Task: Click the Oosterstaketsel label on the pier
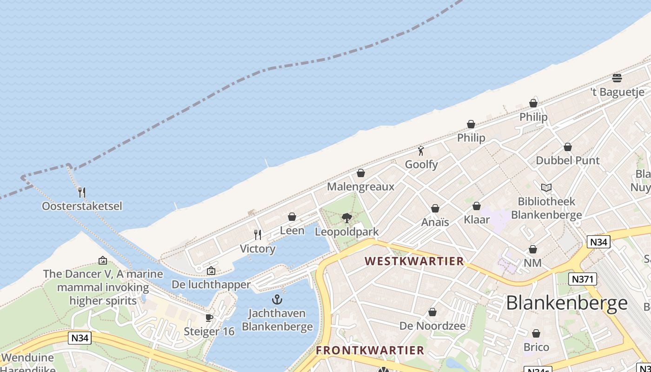click(x=82, y=206)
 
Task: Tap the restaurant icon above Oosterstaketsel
click(x=82, y=192)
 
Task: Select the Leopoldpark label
click(x=347, y=232)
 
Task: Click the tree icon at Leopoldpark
click(x=347, y=218)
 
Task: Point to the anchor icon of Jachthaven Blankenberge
click(x=277, y=299)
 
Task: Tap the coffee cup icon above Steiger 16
click(x=209, y=318)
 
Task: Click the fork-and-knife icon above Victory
click(x=258, y=235)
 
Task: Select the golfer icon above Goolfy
click(x=421, y=151)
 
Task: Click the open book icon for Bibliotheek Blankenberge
click(x=546, y=188)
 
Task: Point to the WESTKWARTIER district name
click(x=414, y=261)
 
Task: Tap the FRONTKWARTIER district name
click(x=370, y=350)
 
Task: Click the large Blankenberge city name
click(x=567, y=303)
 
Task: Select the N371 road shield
click(x=582, y=279)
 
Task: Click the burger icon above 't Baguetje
click(x=617, y=78)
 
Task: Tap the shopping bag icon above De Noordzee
click(x=432, y=312)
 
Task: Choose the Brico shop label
click(x=536, y=347)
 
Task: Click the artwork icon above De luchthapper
click(x=211, y=271)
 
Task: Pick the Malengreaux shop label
click(x=360, y=187)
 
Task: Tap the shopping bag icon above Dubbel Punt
click(x=568, y=147)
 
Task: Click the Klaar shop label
click(x=477, y=219)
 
